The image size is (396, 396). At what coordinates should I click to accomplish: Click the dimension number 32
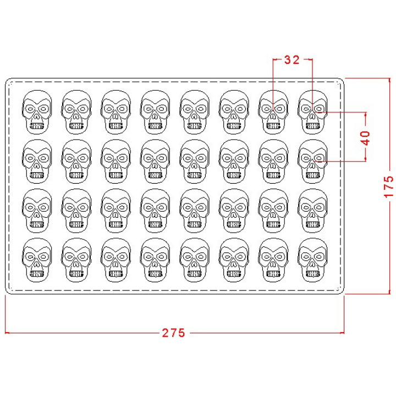[291, 60]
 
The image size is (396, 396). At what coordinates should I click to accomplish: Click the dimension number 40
[366, 138]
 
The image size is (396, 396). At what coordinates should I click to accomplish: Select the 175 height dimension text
[389, 186]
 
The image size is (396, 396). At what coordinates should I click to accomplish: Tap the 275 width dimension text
[173, 333]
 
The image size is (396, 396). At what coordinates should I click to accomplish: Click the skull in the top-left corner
[37, 112]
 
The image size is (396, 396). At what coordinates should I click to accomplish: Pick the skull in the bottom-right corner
[312, 260]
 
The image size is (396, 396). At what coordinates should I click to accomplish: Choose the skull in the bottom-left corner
[37, 260]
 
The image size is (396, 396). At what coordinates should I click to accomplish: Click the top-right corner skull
[312, 112]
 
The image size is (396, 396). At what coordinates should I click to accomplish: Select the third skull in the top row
[116, 112]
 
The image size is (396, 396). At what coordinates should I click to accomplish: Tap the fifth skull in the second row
[195, 161]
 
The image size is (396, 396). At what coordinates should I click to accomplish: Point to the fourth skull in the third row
[155, 211]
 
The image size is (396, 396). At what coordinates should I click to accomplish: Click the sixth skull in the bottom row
[234, 260]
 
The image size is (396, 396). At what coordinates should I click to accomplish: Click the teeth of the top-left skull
[37, 126]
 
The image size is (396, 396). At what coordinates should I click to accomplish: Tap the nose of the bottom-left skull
[37, 265]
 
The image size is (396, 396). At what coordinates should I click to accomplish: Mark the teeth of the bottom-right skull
[312, 274]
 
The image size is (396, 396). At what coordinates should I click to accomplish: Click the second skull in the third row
[76, 211]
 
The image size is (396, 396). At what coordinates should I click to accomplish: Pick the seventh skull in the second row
[273, 161]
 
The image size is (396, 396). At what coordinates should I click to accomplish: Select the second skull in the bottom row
[76, 260]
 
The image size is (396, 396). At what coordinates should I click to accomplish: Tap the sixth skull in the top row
[234, 112]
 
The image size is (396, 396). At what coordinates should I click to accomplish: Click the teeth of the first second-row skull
[37, 175]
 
